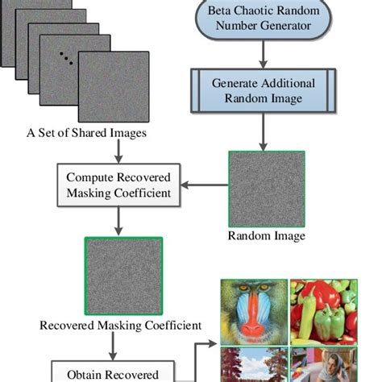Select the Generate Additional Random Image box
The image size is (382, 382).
click(x=262, y=89)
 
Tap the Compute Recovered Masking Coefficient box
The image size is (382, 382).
click(x=118, y=184)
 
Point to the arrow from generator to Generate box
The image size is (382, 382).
click(x=262, y=55)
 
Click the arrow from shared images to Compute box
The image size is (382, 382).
click(x=118, y=152)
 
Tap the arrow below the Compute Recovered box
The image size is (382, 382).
click(x=118, y=218)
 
